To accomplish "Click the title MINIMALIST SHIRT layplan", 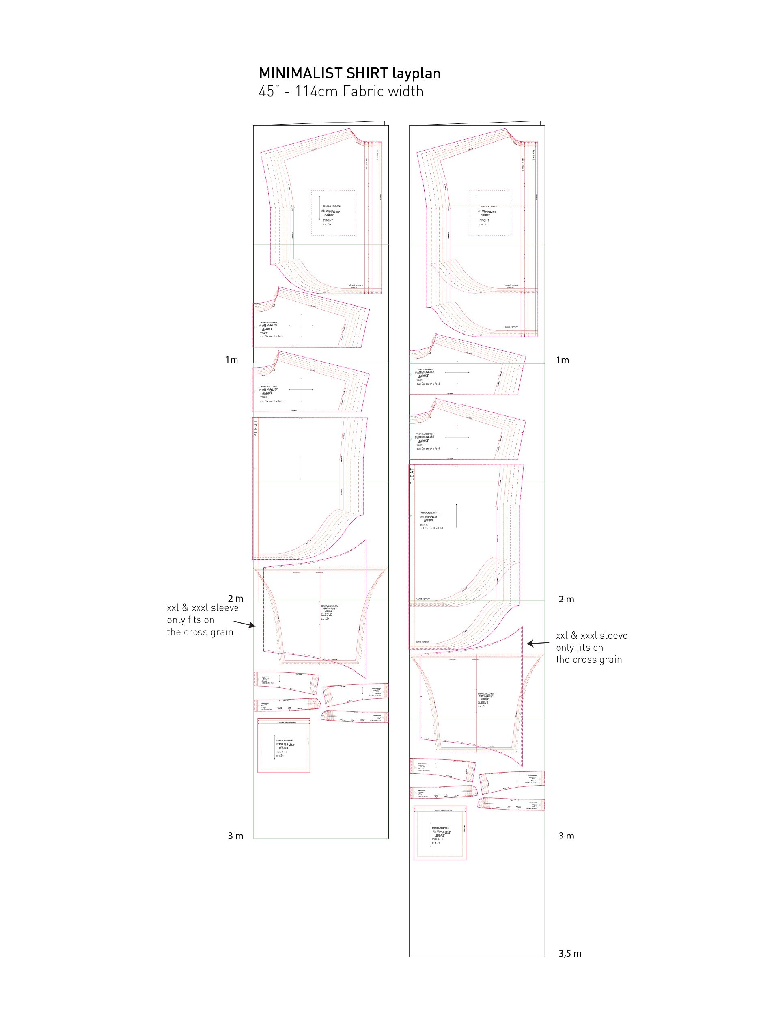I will click(x=349, y=73).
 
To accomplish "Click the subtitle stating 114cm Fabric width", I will click(x=341, y=91).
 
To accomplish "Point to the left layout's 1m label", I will click(x=232, y=360).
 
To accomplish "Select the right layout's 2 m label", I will click(x=566, y=599).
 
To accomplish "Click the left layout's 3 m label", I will click(x=235, y=836).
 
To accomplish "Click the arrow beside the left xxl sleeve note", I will click(x=244, y=624).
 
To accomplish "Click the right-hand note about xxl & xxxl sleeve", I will click(x=591, y=648).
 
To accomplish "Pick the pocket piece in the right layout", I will click(x=440, y=832).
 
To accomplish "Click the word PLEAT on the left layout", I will click(x=256, y=428).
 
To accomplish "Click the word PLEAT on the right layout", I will click(x=412, y=476).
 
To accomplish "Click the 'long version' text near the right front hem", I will click(x=511, y=327).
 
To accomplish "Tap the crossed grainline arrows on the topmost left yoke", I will click(x=301, y=326).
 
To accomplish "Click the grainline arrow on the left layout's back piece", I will click(x=300, y=469).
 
